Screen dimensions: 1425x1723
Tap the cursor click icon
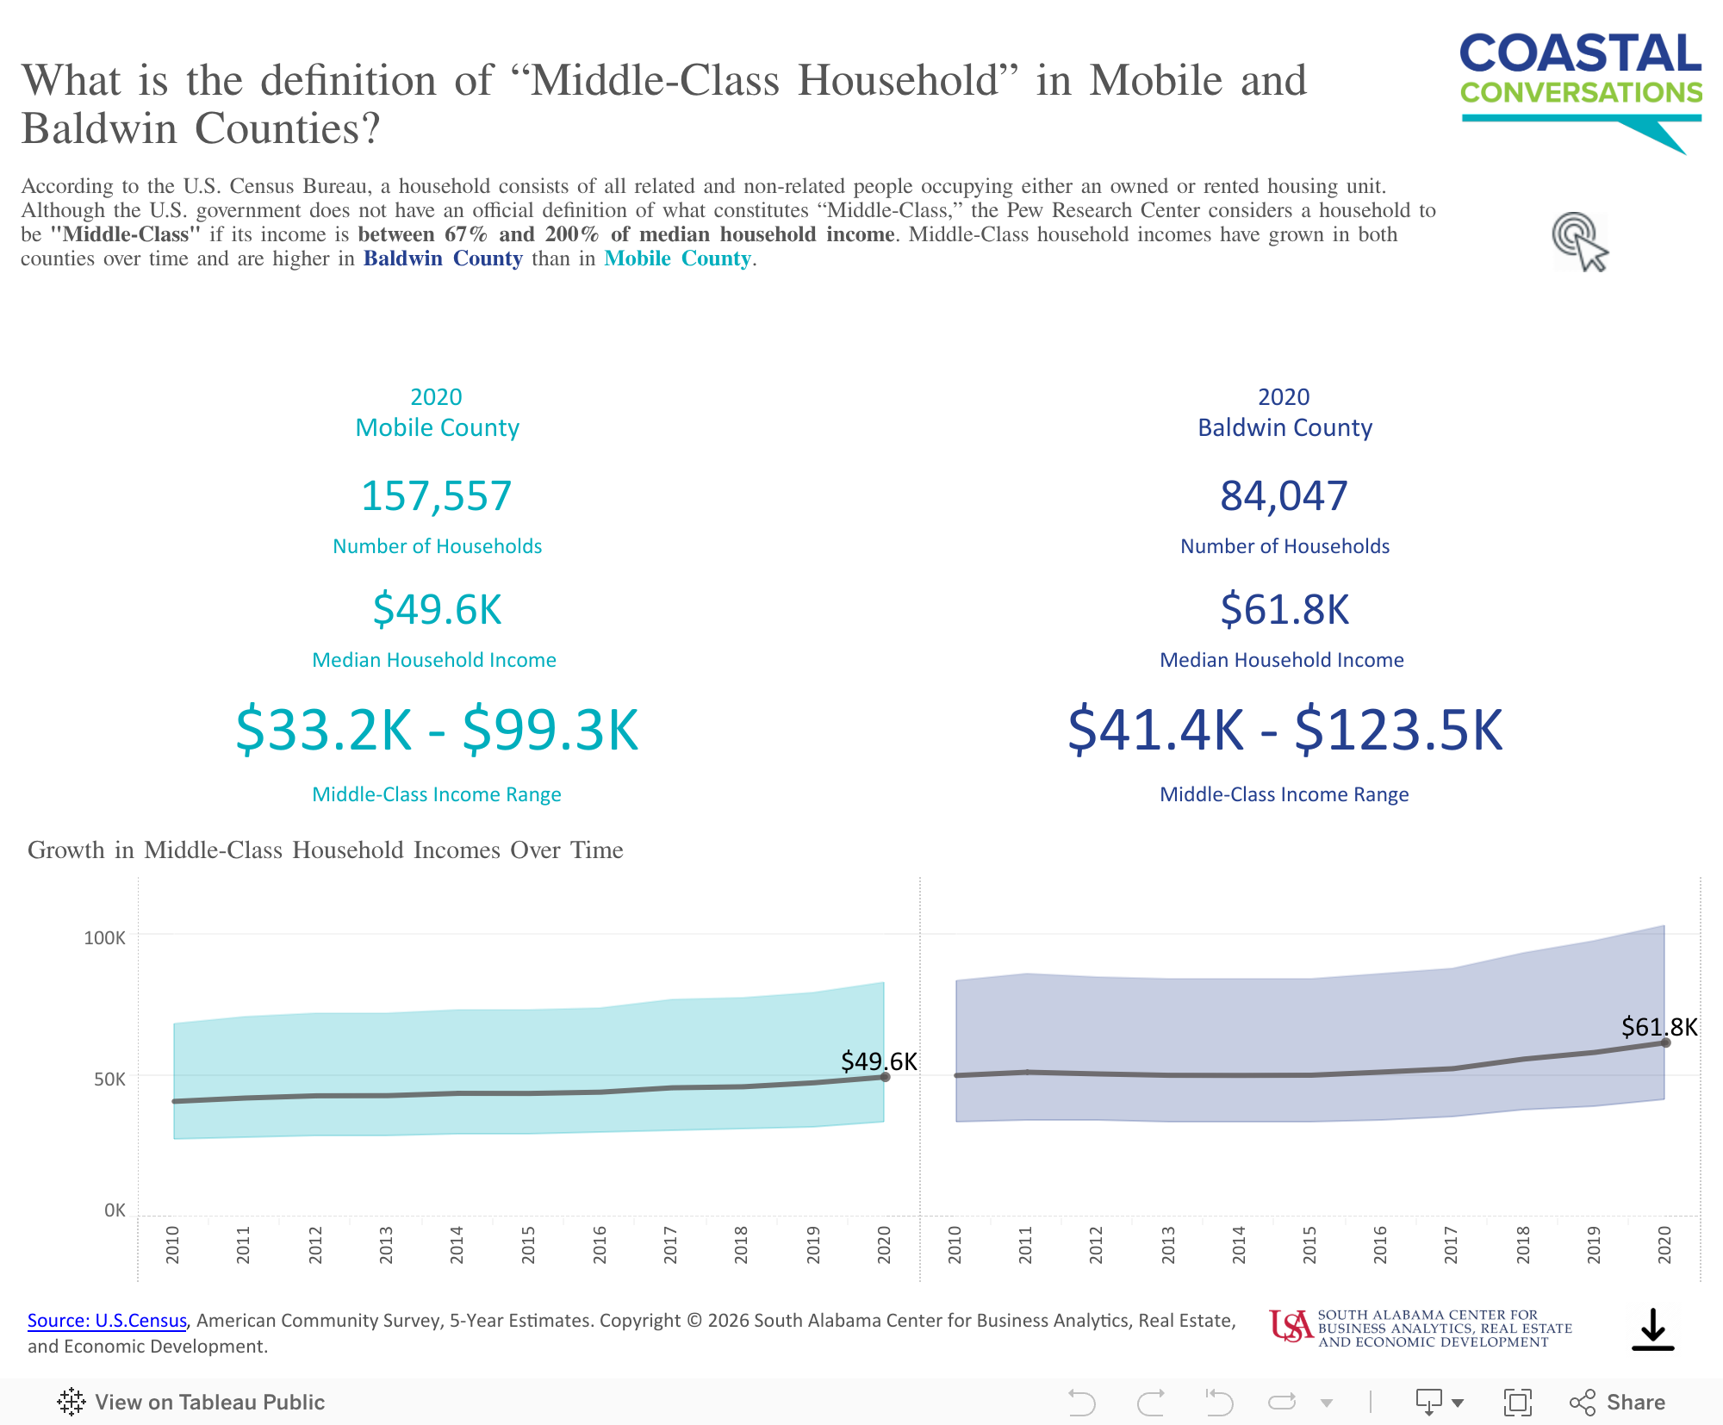pos(1580,242)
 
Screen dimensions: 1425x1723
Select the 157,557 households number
pos(436,496)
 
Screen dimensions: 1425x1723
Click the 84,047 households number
pos(1284,496)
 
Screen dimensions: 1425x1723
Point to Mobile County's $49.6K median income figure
pos(437,610)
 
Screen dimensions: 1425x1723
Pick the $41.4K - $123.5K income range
pos(1284,731)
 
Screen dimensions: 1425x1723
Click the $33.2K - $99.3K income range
pos(437,731)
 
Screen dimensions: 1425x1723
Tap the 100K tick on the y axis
pos(104,937)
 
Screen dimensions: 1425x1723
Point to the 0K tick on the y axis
pos(115,1210)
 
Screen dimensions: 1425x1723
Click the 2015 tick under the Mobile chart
pos(528,1245)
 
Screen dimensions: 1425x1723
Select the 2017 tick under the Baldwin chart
pos(1451,1245)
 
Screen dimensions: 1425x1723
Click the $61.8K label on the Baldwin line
pos(1658,1027)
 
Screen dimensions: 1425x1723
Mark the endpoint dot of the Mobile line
pos(885,1077)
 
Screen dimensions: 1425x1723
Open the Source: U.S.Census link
pos(107,1321)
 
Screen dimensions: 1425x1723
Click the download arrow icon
pos(1652,1329)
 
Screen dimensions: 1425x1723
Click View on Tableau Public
pos(191,1403)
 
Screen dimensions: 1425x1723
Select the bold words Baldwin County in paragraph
pos(443,258)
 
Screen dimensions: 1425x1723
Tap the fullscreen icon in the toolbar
pos(1517,1403)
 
